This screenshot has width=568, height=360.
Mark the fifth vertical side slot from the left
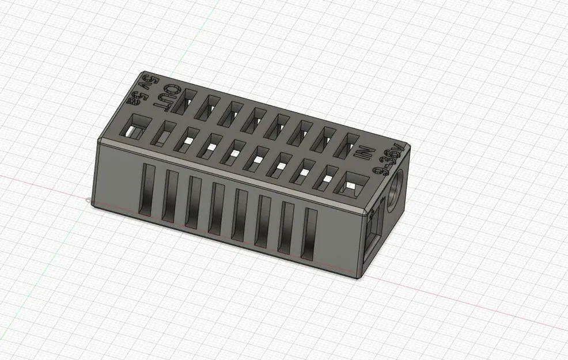click(x=239, y=217)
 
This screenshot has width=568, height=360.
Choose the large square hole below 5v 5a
click(x=137, y=128)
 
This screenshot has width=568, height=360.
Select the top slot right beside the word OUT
click(x=188, y=103)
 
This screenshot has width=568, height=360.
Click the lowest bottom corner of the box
click(x=361, y=278)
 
